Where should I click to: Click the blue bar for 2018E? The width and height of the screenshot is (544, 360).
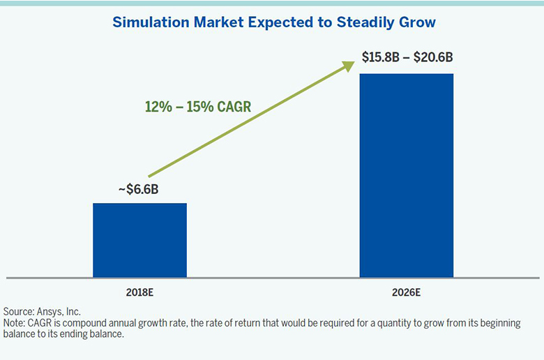tap(139, 240)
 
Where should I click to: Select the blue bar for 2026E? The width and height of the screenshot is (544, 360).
tap(406, 175)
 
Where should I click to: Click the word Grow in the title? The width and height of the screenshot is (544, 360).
tap(419, 22)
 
